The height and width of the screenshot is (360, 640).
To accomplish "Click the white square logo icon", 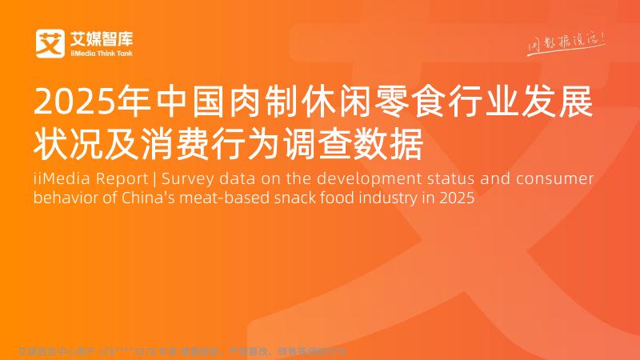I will [50, 43].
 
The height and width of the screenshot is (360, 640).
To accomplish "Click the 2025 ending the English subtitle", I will [457, 198].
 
